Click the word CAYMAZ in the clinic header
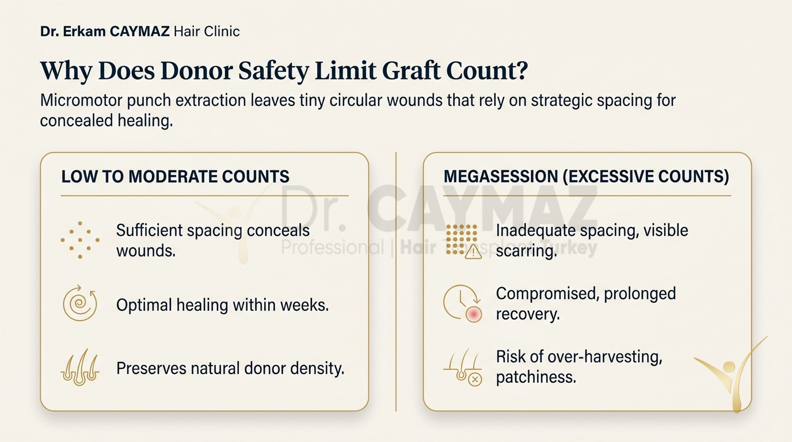139,32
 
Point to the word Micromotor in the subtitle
81,100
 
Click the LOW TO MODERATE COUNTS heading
176,177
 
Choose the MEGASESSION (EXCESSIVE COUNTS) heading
586,177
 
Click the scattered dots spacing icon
80,240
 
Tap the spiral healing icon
80,303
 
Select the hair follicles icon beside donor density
80,367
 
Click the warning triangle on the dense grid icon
473,253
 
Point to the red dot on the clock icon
474,314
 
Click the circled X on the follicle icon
475,380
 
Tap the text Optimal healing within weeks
222,305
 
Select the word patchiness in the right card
536,378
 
